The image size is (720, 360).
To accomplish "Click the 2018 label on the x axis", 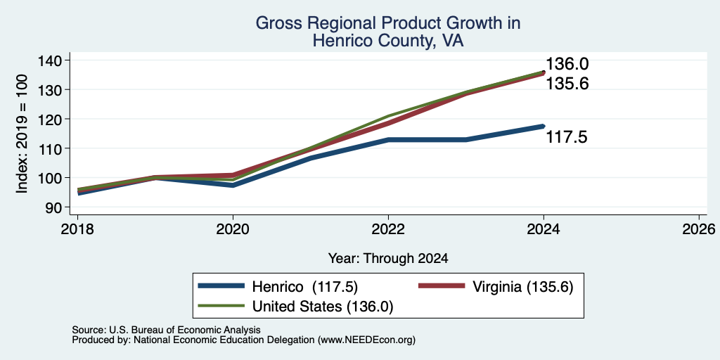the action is click(x=77, y=229).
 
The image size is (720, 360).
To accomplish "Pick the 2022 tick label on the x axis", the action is click(x=388, y=229).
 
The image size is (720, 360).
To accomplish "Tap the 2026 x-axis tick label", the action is click(x=699, y=229).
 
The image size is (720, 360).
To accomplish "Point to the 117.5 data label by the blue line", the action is click(x=567, y=137).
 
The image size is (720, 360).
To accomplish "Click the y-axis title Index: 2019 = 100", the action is click(x=22, y=134).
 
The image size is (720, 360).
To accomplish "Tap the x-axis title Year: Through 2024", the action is click(x=388, y=259).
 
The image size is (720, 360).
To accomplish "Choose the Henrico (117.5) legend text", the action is click(x=305, y=287).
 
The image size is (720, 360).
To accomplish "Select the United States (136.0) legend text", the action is click(x=322, y=307).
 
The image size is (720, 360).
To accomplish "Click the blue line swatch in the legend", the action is click(x=221, y=285).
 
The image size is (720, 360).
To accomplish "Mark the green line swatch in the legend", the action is click(x=221, y=306).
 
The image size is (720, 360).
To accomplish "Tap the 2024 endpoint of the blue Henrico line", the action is click(x=544, y=126).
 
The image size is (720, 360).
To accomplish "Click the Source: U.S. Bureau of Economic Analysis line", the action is click(x=166, y=330).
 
